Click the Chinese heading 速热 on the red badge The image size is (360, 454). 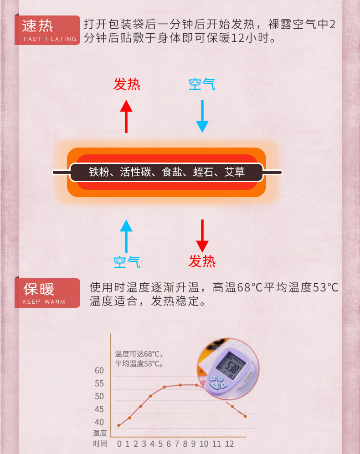coord(38,26)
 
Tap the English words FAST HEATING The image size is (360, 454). coord(50,39)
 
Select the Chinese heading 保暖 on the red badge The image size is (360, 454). coord(39,289)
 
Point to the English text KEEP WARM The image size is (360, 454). coord(44,302)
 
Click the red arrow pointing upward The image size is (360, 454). coord(126,116)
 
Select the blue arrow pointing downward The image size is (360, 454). coord(202,116)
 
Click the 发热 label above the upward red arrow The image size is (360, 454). coord(127,84)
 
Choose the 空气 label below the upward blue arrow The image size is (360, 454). coord(127,262)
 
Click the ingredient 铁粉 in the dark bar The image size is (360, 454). coord(99,173)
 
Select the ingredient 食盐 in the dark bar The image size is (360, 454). coord(172,173)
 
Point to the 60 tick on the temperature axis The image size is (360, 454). coord(99,371)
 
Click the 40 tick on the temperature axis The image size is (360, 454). coord(99,422)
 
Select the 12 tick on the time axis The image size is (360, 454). coord(229,444)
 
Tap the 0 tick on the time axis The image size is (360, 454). coord(119,444)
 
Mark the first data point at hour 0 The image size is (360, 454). coord(118,425)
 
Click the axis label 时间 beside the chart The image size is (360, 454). coord(100,444)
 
